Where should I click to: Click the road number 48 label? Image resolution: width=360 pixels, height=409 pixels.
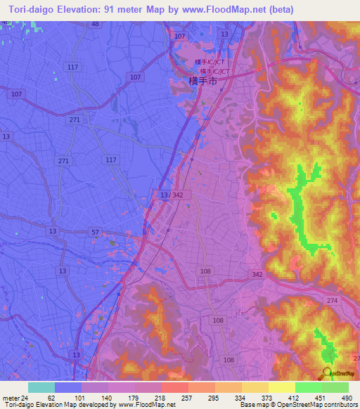pyautogui.click(x=94, y=24)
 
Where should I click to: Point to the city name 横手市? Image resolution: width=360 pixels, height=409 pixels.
pyautogui.click(x=204, y=82)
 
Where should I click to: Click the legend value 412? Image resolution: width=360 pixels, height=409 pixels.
pyautogui.click(x=295, y=397)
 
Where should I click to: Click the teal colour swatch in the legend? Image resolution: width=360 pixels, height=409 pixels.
pyautogui.click(x=41, y=387)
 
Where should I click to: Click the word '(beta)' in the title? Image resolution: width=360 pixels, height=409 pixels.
pyautogui.click(x=278, y=9)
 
